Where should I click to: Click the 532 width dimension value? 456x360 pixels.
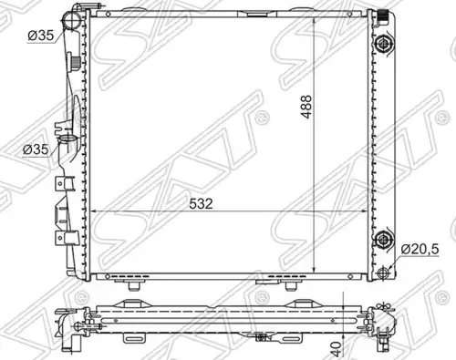(x=201, y=203)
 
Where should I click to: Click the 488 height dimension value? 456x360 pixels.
(x=306, y=107)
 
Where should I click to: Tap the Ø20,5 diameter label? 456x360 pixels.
(x=420, y=250)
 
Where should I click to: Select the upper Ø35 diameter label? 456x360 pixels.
(x=41, y=36)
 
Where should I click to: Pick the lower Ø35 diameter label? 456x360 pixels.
(x=36, y=149)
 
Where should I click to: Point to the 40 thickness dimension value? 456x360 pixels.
(x=336, y=349)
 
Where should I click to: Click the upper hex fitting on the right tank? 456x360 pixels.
(x=384, y=44)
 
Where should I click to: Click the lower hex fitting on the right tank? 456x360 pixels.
(x=384, y=240)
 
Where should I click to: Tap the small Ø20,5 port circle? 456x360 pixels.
(x=384, y=272)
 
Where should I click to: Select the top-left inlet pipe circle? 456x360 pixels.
(x=71, y=20)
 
